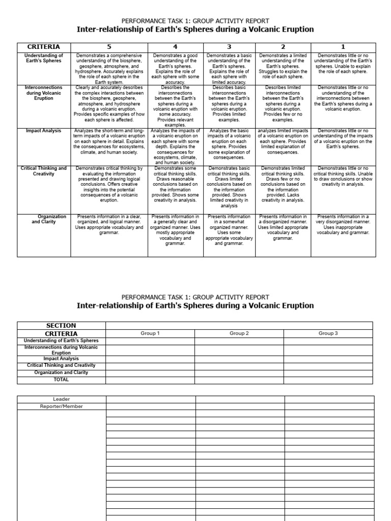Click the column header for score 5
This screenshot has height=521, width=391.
(108, 47)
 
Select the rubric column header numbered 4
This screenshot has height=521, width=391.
(175, 47)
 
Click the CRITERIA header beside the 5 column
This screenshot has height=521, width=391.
(43, 47)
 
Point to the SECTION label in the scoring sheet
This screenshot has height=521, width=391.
(61, 326)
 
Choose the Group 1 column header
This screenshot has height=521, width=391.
(150, 333)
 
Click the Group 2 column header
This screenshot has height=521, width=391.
(239, 333)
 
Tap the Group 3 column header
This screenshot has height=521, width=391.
(328, 333)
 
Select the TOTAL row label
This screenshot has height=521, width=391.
(61, 380)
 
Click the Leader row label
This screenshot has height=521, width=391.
(62, 399)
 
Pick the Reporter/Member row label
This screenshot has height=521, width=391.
(62, 407)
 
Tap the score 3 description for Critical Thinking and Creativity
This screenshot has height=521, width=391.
(229, 187)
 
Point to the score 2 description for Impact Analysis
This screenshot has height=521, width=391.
(283, 141)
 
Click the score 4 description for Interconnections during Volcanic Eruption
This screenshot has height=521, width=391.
(175, 106)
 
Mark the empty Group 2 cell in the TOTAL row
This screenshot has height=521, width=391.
(239, 380)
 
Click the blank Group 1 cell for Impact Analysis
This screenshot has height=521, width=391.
(150, 359)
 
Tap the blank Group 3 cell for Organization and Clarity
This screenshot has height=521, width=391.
(328, 372)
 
